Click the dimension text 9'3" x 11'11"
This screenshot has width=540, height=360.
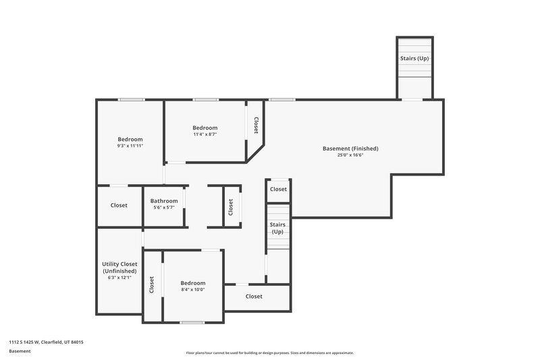(x=130, y=145)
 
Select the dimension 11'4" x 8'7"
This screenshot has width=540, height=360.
(x=205, y=134)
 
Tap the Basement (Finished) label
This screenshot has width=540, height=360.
(x=350, y=149)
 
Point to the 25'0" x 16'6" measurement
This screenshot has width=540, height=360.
(x=350, y=155)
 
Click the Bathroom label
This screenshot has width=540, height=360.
(x=164, y=201)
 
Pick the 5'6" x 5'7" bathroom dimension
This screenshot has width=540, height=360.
(x=164, y=207)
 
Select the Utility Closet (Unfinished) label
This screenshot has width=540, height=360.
(x=119, y=267)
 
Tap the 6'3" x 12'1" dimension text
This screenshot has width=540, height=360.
(x=119, y=278)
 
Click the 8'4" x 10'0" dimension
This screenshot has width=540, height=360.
(x=193, y=290)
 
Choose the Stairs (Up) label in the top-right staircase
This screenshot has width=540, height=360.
(x=414, y=58)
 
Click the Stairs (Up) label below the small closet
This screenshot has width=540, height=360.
(x=277, y=228)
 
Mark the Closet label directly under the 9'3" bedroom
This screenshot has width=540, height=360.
(x=119, y=205)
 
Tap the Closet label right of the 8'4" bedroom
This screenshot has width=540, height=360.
(x=254, y=297)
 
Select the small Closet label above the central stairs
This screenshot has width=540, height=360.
(x=278, y=189)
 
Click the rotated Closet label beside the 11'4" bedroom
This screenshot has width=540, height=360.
(x=256, y=126)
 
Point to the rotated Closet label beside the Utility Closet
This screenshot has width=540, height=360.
(x=152, y=285)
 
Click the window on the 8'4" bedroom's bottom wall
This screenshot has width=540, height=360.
(x=192, y=322)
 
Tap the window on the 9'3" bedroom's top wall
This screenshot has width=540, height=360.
(x=131, y=100)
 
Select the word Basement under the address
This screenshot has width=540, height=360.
(x=20, y=352)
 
